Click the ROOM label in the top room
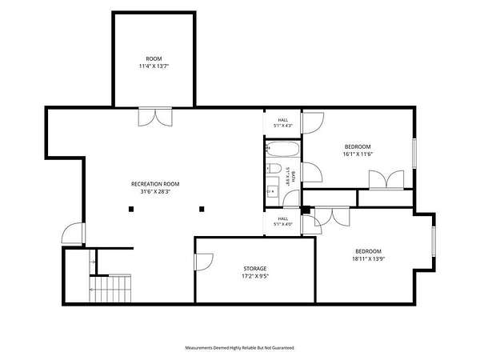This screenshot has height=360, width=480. point(154,58)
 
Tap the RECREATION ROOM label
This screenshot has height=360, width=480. point(155,184)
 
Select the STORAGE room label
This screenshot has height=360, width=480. point(255,269)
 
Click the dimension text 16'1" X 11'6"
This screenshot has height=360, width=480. point(358,154)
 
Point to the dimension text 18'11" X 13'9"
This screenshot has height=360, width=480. point(368,259)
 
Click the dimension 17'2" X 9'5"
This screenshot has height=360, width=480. point(255,276)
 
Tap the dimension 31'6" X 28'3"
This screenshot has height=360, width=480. point(155,192)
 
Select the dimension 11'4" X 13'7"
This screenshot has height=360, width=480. point(154,66)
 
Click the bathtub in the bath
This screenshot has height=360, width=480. point(282,149)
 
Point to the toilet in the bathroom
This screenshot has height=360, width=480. point(274,168)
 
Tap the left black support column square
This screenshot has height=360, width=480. point(131,209)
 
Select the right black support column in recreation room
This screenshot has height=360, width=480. point(202,209)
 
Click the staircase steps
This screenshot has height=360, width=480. point(110,288)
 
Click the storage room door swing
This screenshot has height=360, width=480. point(204,262)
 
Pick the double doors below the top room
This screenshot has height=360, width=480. point(155,117)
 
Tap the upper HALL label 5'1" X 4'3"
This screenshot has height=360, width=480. point(283,122)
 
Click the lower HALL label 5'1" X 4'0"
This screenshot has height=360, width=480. point(283,222)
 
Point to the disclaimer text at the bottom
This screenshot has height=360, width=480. point(239,348)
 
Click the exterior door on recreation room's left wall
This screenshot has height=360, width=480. point(74,234)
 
